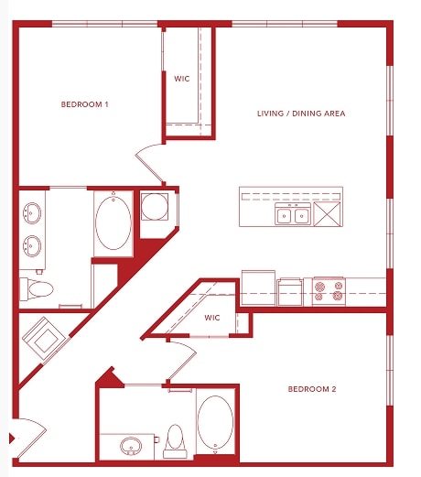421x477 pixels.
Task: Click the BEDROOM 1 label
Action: [x=84, y=104]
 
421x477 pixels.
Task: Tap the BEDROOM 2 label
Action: [x=312, y=389]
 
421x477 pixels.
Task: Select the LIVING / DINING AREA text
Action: [x=299, y=114]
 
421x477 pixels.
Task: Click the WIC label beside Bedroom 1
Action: [x=182, y=79]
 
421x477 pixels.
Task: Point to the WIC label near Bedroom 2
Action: [x=212, y=318]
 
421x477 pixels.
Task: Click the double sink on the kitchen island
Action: [x=293, y=216]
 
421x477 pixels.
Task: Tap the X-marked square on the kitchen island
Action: [x=327, y=215]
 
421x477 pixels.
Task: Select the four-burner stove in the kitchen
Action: [x=329, y=291]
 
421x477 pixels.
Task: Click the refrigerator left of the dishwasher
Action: [x=258, y=287]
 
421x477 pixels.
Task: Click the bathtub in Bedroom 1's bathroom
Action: [x=113, y=222]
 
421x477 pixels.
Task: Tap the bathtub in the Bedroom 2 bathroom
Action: [x=215, y=423]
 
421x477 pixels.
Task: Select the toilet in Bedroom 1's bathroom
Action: [x=38, y=290]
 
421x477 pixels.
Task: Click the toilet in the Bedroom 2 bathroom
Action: [x=176, y=441]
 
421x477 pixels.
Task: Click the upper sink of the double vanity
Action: [x=34, y=214]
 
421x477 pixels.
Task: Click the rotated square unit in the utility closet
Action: [x=43, y=338]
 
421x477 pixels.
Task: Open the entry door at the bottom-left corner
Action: [x=26, y=438]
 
